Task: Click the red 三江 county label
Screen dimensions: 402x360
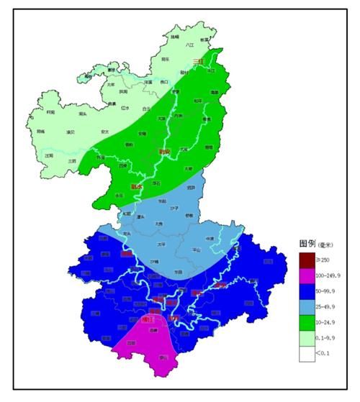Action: pos(199,61)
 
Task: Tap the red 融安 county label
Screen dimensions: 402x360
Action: pos(165,152)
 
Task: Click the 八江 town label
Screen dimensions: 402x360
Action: pos(190,45)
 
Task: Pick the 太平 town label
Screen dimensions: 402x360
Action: pos(161,244)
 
